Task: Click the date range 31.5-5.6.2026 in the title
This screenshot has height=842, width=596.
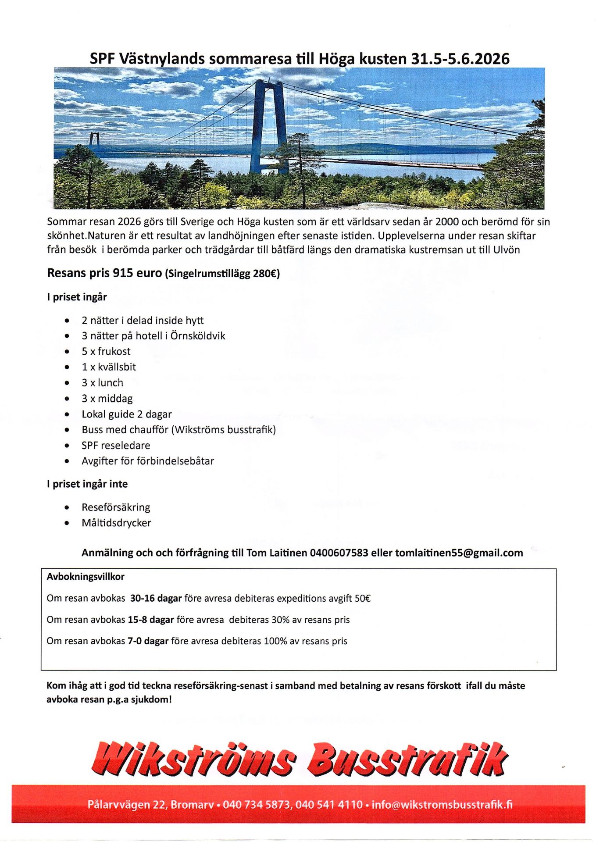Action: pyautogui.click(x=460, y=59)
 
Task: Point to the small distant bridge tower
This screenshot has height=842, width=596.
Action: pyautogui.click(x=94, y=139)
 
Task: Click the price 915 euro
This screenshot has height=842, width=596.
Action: pyautogui.click(x=137, y=273)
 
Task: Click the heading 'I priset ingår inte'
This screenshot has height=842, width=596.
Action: pyautogui.click(x=87, y=484)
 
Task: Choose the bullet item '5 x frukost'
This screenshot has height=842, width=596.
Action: pyautogui.click(x=106, y=351)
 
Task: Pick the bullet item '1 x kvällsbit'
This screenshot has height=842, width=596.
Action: pyautogui.click(x=109, y=367)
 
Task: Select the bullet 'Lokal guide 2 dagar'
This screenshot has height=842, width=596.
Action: pyautogui.click(x=126, y=414)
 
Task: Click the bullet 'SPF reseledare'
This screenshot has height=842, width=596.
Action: pyautogui.click(x=116, y=446)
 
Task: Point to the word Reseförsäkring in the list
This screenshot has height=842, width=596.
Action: pyautogui.click(x=116, y=507)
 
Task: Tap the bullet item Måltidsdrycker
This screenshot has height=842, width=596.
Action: pyautogui.click(x=116, y=523)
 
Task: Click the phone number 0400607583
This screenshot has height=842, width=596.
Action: pyautogui.click(x=339, y=553)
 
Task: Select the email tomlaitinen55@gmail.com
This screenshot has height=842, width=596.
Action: pyautogui.click(x=459, y=553)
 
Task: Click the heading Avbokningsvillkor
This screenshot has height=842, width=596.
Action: pyautogui.click(x=86, y=577)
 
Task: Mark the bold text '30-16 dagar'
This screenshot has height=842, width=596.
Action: pyautogui.click(x=156, y=598)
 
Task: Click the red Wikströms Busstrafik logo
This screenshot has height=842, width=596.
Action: pyautogui.click(x=299, y=758)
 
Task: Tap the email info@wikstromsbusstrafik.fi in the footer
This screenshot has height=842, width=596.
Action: pyautogui.click(x=442, y=805)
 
